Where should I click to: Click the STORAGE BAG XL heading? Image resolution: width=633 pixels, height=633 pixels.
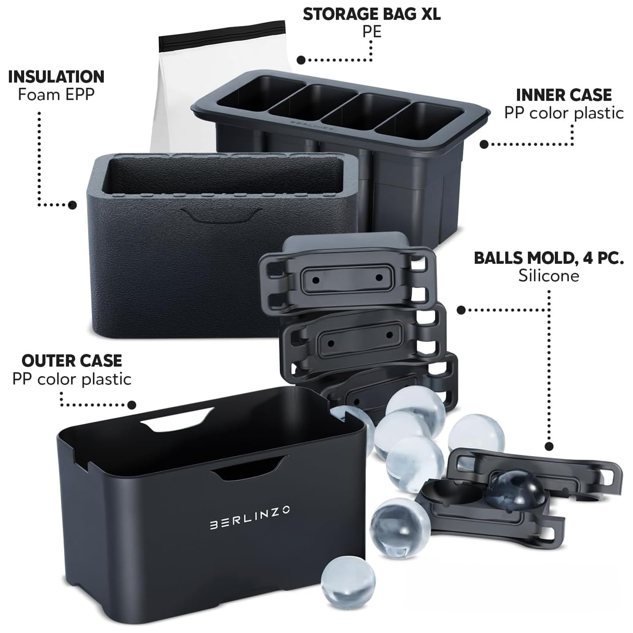(x=371, y=14)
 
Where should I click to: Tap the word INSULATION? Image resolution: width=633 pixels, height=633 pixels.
(x=56, y=77)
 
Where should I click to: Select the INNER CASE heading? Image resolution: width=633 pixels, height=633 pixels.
(x=563, y=95)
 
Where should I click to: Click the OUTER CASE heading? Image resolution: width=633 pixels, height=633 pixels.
(x=72, y=361)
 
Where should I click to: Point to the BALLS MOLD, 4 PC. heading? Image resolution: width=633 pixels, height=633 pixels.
(x=549, y=258)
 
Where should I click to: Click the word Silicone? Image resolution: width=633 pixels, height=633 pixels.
(x=549, y=276)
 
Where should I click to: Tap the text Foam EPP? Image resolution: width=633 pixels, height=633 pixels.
(x=56, y=95)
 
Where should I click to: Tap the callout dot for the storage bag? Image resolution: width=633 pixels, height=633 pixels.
(x=301, y=60)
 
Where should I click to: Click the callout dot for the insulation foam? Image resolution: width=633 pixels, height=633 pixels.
(x=73, y=205)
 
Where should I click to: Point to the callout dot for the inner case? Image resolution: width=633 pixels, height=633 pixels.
(x=484, y=144)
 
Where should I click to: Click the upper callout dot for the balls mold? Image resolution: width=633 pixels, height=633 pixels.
(x=461, y=310)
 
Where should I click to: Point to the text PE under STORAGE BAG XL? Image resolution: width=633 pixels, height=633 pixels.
(x=371, y=32)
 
